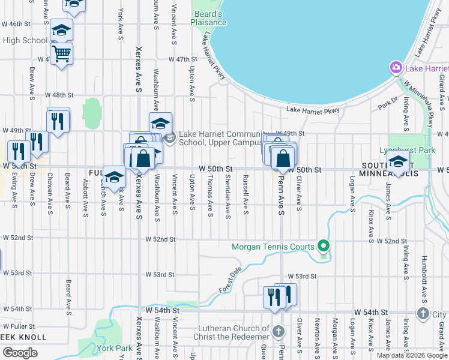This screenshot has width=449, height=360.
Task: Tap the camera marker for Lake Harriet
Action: pyautogui.click(x=396, y=68)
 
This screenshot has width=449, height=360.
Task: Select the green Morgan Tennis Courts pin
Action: pyautogui.click(x=324, y=246)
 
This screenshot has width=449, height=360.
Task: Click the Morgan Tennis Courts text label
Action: pyautogui.click(x=274, y=247)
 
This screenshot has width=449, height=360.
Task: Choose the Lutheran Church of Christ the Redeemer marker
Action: pyautogui.click(x=279, y=331)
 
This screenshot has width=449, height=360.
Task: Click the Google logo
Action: pyautogui.click(x=20, y=353)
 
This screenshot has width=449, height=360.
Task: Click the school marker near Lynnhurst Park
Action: pyautogui.click(x=398, y=161)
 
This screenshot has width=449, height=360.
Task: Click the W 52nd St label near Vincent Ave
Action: pyautogui.click(x=160, y=239)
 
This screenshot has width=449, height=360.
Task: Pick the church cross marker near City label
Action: pyautogui.click(x=423, y=314)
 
